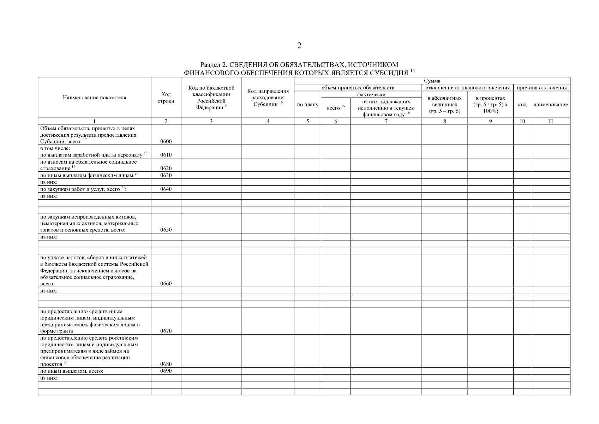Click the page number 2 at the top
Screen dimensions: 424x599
[299, 46]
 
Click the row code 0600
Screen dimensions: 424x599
[166, 142]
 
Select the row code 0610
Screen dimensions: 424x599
[166, 155]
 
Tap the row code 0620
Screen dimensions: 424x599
[166, 168]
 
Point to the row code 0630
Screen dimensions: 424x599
[166, 175]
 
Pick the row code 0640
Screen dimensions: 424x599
[166, 189]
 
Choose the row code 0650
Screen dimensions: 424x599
[166, 230]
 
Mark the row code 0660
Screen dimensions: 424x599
[166, 284]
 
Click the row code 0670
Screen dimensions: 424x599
[166, 331]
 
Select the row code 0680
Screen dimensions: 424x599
[166, 364]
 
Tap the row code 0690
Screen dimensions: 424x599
[166, 371]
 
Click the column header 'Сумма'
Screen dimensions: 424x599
[432, 81]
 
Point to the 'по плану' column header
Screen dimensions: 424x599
[307, 105]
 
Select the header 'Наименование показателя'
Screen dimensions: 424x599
[94, 98]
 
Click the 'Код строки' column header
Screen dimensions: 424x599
[166, 98]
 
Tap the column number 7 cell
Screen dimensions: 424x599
[386, 122]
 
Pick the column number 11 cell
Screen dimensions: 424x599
[550, 122]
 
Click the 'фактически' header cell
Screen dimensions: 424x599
[371, 95]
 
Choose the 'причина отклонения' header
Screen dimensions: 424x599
[541, 88]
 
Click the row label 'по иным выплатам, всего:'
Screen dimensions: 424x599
[72, 371]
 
